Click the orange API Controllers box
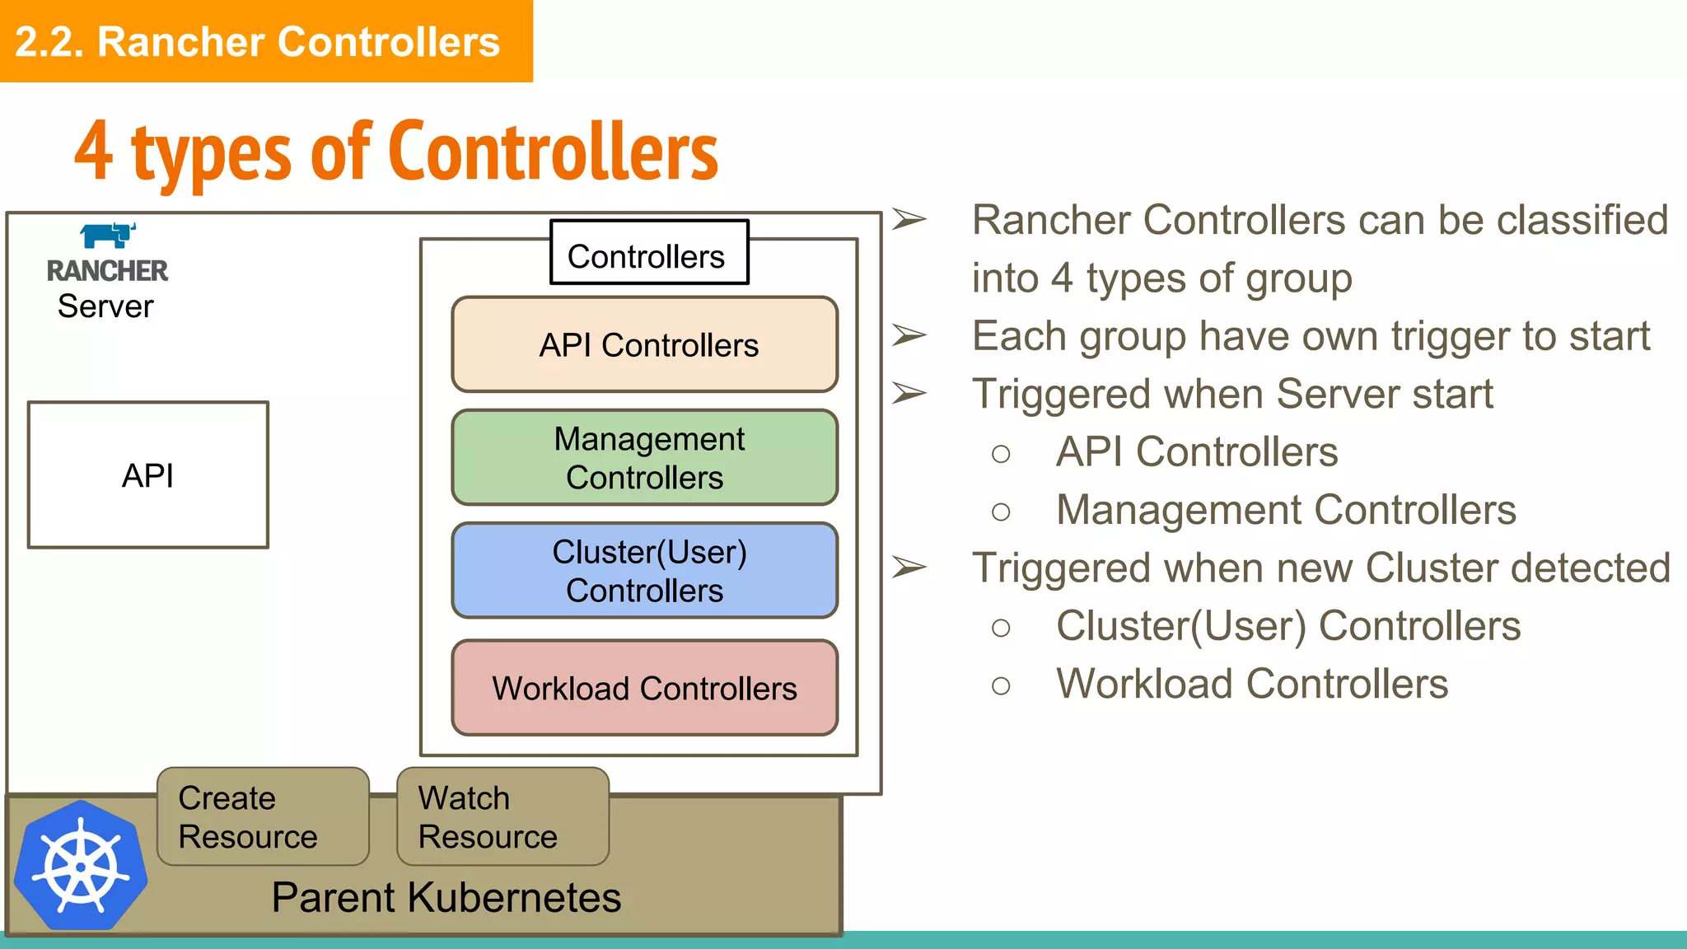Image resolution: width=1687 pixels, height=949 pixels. pyautogui.click(x=645, y=344)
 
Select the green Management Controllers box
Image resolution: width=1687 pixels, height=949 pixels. pyautogui.click(x=645, y=458)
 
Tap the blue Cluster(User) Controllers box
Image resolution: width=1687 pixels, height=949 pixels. pyautogui.click(x=645, y=570)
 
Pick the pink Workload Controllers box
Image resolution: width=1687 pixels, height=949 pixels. pyautogui.click(x=645, y=688)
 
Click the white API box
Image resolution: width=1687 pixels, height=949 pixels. pyautogui.click(x=148, y=475)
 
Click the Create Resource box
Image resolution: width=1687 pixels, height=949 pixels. pyautogui.click(x=263, y=816)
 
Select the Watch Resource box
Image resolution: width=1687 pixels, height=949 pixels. pyautogui.click(x=502, y=816)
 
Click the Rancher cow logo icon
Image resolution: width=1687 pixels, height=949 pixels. pyautogui.click(x=108, y=235)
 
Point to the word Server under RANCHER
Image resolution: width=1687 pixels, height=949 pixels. pyautogui.click(x=105, y=306)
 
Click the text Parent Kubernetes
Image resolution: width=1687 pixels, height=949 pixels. pyautogui.click(x=446, y=897)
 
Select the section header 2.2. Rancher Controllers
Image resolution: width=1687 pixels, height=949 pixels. pyautogui.click(x=258, y=41)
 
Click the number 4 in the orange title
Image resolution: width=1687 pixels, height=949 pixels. pyautogui.click(x=93, y=152)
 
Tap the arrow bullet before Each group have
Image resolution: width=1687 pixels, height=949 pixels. pyautogui.click(x=909, y=335)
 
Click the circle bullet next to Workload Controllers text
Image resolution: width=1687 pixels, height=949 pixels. pyautogui.click(x=1001, y=685)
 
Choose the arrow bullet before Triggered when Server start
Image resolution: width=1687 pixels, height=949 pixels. pyautogui.click(x=909, y=394)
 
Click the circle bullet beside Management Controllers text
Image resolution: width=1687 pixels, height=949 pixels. pyautogui.click(x=1001, y=512)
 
